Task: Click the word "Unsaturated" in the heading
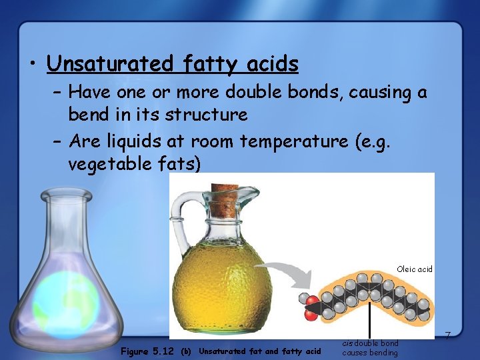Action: [x=110, y=64]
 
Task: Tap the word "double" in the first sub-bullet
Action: [x=257, y=91]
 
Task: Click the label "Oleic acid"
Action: [x=414, y=269]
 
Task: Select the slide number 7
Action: [x=448, y=333]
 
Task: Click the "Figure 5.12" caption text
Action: [x=147, y=351]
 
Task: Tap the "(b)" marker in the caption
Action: [x=187, y=351]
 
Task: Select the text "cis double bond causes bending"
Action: [x=370, y=348]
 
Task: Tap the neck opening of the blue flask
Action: [x=65, y=194]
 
